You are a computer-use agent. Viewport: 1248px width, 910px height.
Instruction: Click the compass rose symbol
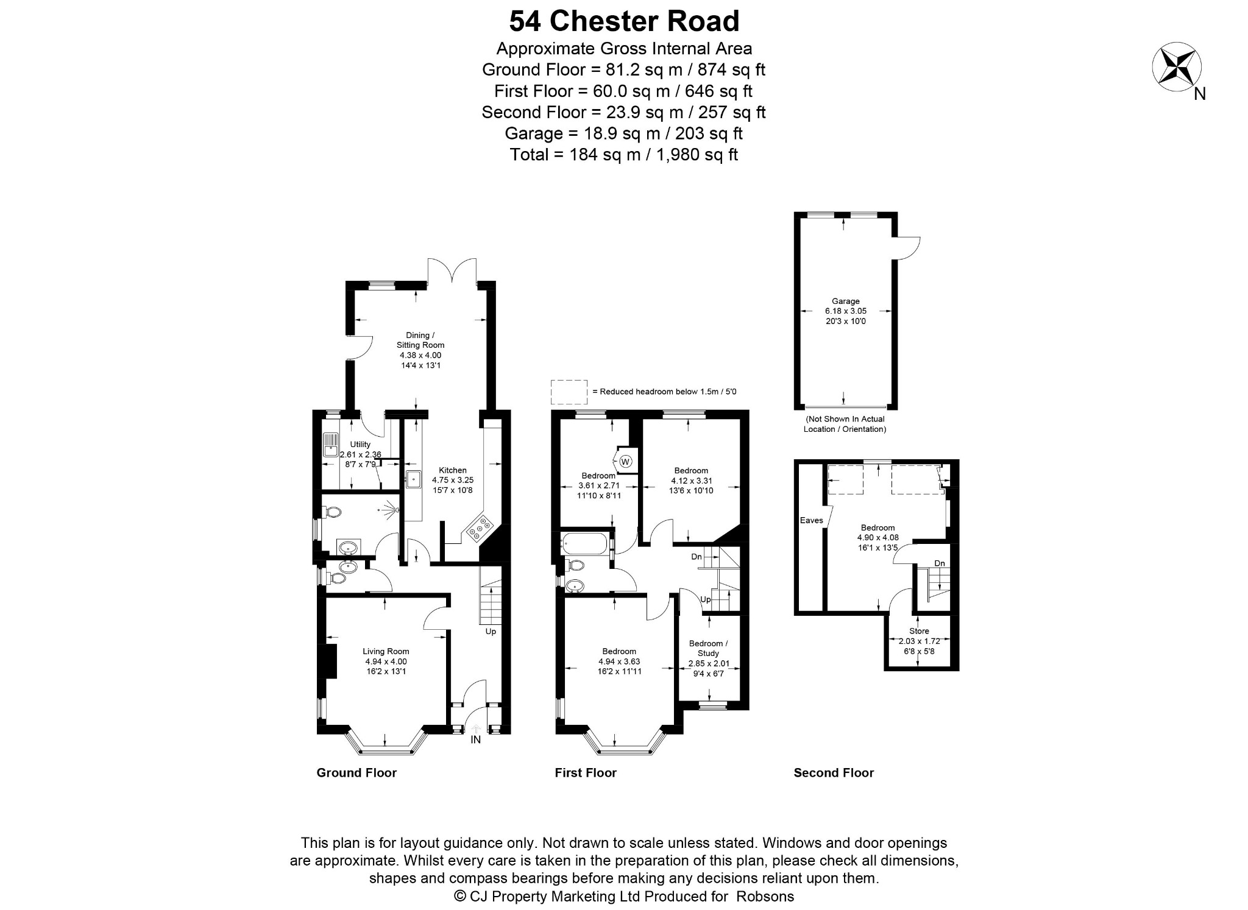[x=1176, y=67]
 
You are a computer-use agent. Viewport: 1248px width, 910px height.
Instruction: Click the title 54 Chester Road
[x=624, y=21]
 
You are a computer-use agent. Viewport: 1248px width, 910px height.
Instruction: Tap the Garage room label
[x=845, y=301]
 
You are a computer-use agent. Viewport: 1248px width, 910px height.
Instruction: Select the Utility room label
[x=360, y=445]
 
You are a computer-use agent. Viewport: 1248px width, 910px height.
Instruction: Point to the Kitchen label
[x=453, y=470]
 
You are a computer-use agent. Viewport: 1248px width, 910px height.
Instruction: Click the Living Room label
[x=386, y=651]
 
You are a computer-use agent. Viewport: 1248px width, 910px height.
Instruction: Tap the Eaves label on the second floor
[x=812, y=520]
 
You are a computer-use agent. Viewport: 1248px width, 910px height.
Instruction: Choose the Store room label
[x=919, y=631]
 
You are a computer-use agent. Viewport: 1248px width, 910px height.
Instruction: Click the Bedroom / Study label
[x=708, y=648]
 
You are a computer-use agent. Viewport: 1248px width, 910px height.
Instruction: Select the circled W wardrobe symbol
[x=626, y=461]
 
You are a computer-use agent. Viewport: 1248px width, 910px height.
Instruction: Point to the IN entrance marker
[x=476, y=739]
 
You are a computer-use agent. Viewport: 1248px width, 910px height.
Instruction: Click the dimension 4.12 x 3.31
[x=691, y=481]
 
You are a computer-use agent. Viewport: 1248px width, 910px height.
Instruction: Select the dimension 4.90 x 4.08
[x=877, y=538]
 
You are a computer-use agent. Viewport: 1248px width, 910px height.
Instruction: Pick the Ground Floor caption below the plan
[x=356, y=773]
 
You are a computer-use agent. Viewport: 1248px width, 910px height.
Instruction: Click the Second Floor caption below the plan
[x=834, y=773]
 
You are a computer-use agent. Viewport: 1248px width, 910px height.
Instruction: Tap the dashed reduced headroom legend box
[x=569, y=392]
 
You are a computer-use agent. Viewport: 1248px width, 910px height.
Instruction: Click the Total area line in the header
[x=624, y=155]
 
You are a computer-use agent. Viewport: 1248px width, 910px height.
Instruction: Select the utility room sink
[x=331, y=445]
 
